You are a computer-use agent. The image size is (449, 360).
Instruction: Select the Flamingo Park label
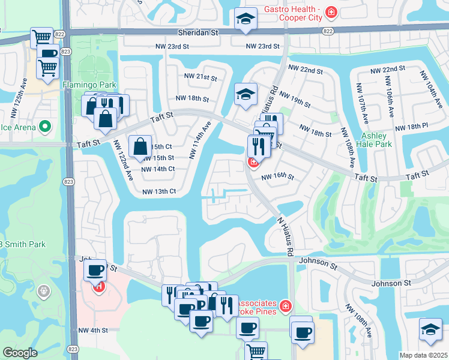pos(89,85)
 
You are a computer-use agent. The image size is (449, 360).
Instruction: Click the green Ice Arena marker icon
pos(44,127)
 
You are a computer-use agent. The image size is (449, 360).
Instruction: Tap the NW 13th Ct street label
pos(158,191)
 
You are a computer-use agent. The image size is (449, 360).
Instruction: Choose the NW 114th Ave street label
pos(201,139)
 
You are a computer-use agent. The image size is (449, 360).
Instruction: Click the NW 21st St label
pos(200,77)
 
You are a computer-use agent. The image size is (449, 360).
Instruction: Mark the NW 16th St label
pos(277,177)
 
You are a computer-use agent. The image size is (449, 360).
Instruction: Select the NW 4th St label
pos(92,330)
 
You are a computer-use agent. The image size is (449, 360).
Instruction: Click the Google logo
pos(20,352)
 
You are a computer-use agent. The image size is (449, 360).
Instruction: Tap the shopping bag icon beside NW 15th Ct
pos(139,145)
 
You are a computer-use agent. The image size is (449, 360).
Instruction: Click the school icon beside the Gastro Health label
pos(245,19)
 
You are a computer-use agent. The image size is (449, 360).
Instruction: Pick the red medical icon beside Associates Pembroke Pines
pos(286,307)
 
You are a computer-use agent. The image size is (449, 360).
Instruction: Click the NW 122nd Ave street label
pos(124,160)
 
